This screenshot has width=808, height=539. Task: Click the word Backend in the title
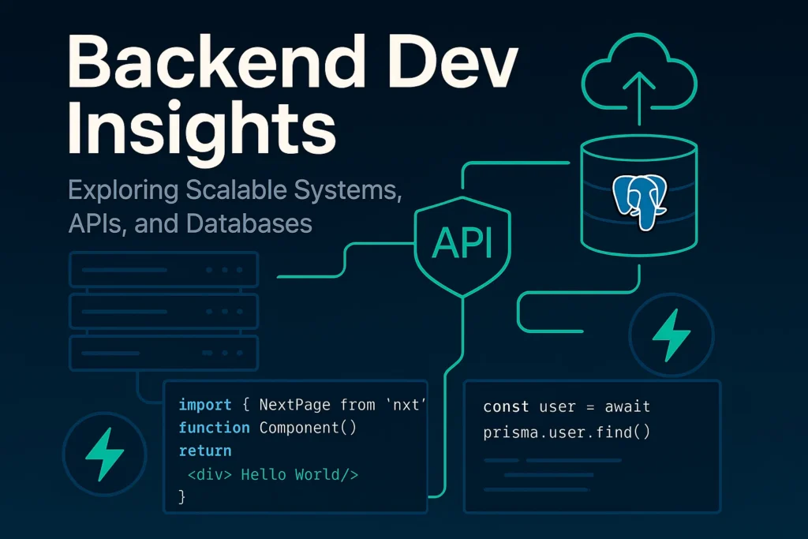coord(216,62)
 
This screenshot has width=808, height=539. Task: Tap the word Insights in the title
coord(201,129)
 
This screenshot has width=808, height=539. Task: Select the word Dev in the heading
coord(453,62)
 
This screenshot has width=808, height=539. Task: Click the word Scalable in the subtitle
coord(236,190)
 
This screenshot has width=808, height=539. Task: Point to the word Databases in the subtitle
coord(249,223)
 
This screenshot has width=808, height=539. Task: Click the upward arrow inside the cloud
coord(639,98)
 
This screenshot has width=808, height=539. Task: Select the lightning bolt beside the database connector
coord(671,335)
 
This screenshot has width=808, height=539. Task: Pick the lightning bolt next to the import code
coord(105,454)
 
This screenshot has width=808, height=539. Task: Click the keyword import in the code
coord(205,406)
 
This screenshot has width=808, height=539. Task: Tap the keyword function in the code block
coord(214,428)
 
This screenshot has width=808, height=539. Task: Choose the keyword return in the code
coord(205,451)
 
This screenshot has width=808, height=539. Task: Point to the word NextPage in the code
coord(295,405)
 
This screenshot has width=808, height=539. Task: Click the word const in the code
coord(506,407)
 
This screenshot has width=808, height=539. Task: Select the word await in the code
coord(627,407)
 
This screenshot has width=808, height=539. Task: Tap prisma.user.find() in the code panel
coord(567,432)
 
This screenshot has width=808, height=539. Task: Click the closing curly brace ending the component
coord(182,496)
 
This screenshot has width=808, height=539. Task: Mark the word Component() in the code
coord(308,429)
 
